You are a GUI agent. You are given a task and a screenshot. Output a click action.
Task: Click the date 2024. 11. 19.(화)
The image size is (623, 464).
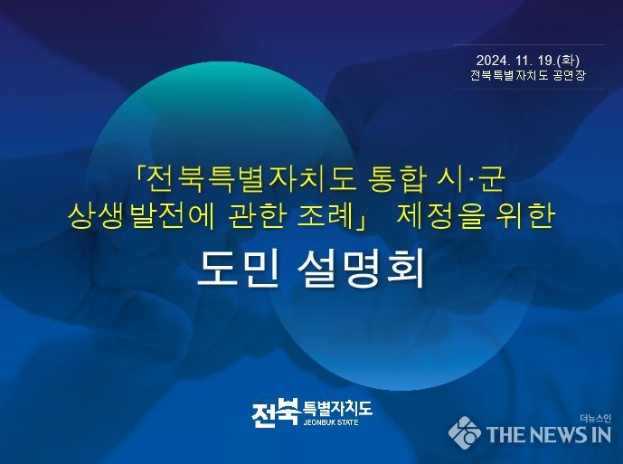pyautogui.click(x=528, y=61)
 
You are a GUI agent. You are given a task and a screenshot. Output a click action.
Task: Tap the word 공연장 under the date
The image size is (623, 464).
pyautogui.click(x=569, y=75)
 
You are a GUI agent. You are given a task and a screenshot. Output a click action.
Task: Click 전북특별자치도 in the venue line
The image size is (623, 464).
pyautogui.click(x=509, y=75)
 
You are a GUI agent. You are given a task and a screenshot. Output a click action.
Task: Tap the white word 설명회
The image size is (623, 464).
pyautogui.click(x=361, y=269)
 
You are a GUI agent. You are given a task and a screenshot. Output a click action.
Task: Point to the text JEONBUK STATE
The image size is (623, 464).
pyautogui.click(x=331, y=422)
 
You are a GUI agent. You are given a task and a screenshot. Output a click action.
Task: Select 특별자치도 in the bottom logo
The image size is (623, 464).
pyautogui.click(x=337, y=408)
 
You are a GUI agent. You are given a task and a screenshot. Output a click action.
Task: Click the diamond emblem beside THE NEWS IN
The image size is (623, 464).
pyautogui.click(x=465, y=432)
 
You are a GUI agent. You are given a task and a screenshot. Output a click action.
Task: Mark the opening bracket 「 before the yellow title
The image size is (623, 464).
pyautogui.click(x=141, y=175)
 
